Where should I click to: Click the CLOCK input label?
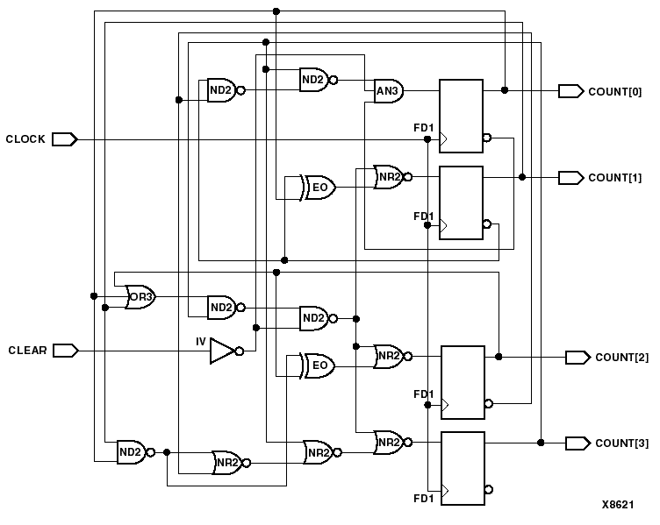[x=25, y=139]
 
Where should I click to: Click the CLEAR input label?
[x=27, y=351]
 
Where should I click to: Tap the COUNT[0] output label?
[x=614, y=91]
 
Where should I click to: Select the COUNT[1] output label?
[x=614, y=178]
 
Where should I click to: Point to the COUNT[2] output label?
[x=621, y=357]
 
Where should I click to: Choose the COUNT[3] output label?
[x=621, y=443]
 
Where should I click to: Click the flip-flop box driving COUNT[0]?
[x=461, y=117]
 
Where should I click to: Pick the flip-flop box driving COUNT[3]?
[x=462, y=468]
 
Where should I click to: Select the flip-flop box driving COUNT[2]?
[x=462, y=382]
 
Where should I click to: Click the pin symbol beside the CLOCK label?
[x=65, y=139]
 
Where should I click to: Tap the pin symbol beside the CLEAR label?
[x=65, y=351]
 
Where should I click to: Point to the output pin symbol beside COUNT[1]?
[x=570, y=178]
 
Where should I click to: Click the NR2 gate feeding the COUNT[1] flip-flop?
[x=388, y=176]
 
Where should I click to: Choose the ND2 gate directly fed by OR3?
[x=221, y=308]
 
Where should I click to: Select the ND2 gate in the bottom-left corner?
[x=132, y=452]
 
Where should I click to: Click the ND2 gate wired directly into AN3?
[x=314, y=80]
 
